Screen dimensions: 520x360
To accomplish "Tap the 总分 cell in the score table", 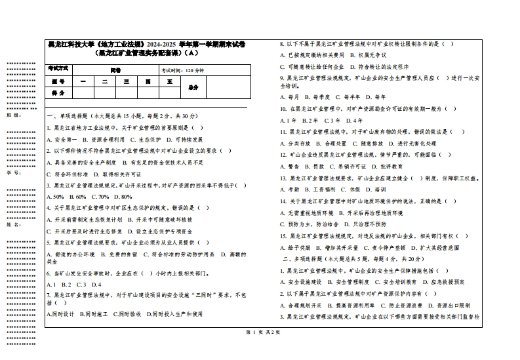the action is click(x=193, y=87).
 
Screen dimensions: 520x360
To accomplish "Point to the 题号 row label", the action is click(x=58, y=81).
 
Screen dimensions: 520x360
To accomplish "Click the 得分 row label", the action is click(x=58, y=93).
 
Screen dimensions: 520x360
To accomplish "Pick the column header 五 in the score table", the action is click(x=169, y=81).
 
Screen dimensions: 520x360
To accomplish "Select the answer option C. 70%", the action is click(x=100, y=196).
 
